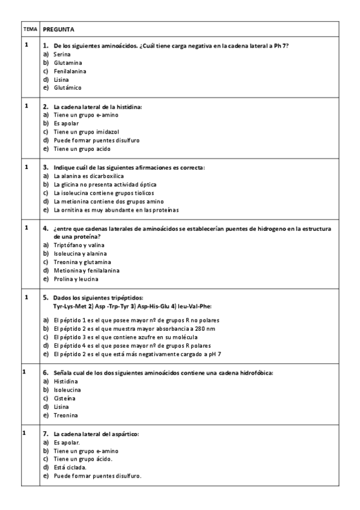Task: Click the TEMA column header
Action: [x=30, y=29]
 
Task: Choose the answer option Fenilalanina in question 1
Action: [x=70, y=71]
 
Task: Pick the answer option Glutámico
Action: [x=67, y=88]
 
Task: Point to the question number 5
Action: [x=46, y=298]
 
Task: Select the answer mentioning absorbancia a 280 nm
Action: [x=132, y=329]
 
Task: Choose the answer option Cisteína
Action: [x=66, y=399]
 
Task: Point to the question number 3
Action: [x=46, y=167]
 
